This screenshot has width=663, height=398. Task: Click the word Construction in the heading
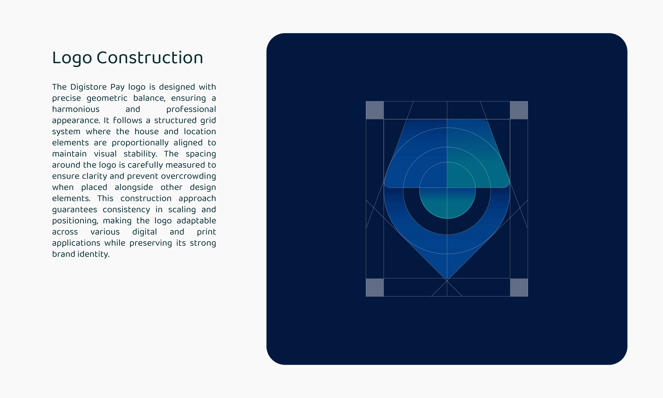[x=150, y=57]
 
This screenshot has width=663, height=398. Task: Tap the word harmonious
[x=76, y=109]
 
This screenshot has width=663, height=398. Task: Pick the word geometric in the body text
[x=107, y=98]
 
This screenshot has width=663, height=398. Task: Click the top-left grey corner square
[x=375, y=110]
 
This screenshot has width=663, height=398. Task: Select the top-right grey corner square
[x=519, y=110]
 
